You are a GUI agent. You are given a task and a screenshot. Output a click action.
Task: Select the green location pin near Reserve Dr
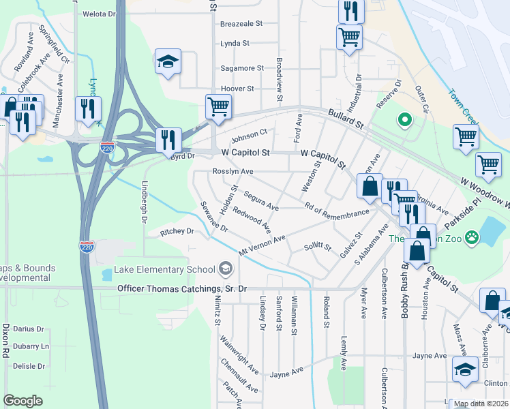point(404,121)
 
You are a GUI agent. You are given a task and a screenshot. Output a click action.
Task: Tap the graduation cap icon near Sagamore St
point(168,61)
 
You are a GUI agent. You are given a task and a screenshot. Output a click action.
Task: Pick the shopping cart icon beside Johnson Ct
point(218,106)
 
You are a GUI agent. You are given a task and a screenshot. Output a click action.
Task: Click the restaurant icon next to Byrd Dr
point(168,140)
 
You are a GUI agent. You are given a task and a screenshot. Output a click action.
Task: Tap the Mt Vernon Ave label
point(262,246)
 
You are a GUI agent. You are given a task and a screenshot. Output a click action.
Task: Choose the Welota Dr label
point(100,14)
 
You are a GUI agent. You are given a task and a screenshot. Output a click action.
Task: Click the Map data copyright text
point(480,404)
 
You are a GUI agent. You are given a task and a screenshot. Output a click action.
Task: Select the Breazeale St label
point(241,23)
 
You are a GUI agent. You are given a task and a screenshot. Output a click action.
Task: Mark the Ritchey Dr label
point(177,232)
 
